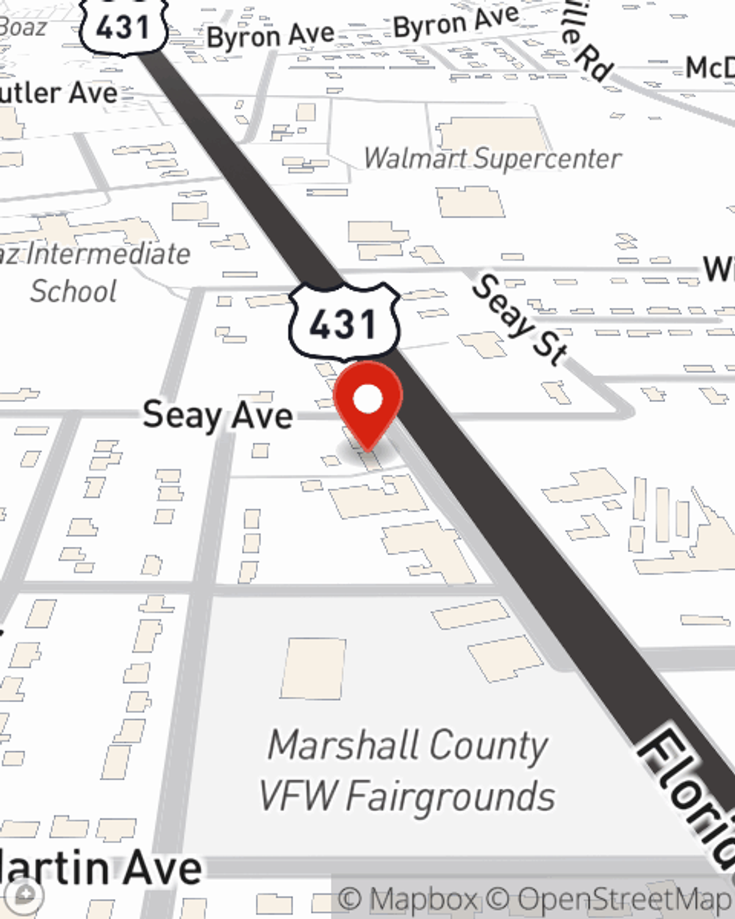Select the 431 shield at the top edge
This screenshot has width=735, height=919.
(x=123, y=26)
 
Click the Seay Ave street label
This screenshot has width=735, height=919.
(x=218, y=415)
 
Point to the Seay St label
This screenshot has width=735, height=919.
(x=519, y=320)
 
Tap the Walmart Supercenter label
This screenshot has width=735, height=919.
(x=492, y=158)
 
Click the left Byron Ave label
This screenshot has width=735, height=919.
(x=270, y=35)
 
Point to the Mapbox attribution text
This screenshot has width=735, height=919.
(x=409, y=899)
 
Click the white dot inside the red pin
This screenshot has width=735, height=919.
(x=367, y=400)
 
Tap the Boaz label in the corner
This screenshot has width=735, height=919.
(x=22, y=26)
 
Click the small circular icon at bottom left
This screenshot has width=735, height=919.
(x=25, y=894)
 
